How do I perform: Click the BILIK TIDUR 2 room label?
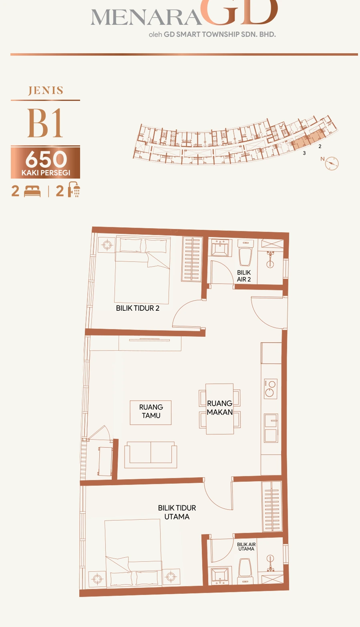[x=137, y=308]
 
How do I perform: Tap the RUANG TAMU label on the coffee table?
[x=151, y=411]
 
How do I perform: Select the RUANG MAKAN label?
[x=220, y=408]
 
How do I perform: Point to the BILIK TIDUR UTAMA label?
[x=177, y=512]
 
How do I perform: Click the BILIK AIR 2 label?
[x=244, y=276]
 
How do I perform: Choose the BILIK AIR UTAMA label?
[x=246, y=547]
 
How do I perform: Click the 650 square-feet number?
[x=46, y=159]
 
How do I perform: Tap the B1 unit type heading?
[x=45, y=123]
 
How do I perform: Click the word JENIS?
[x=46, y=90]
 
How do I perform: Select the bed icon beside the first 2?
[x=32, y=192]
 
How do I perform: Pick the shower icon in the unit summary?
[x=74, y=190]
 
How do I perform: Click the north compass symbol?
[x=332, y=163]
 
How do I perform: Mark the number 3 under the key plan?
[x=304, y=153]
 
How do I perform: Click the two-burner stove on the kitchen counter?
[x=270, y=388]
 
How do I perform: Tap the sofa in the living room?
[x=151, y=455]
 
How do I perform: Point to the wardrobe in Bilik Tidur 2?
[x=192, y=259]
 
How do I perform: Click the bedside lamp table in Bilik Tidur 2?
[x=107, y=245]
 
